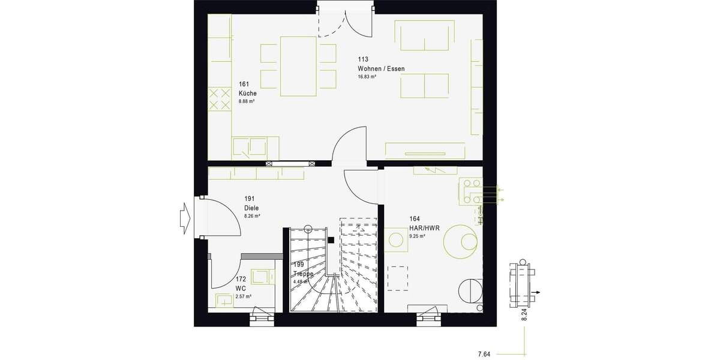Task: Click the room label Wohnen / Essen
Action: [381, 69]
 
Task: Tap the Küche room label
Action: [247, 94]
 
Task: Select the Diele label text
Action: [251, 208]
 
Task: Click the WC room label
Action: [240, 288]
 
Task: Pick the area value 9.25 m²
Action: [418, 236]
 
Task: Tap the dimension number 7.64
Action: [484, 355]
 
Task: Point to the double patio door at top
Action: [346, 18]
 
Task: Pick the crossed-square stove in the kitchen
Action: [220, 99]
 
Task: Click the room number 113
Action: [362, 59]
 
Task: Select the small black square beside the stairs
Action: [331, 240]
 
